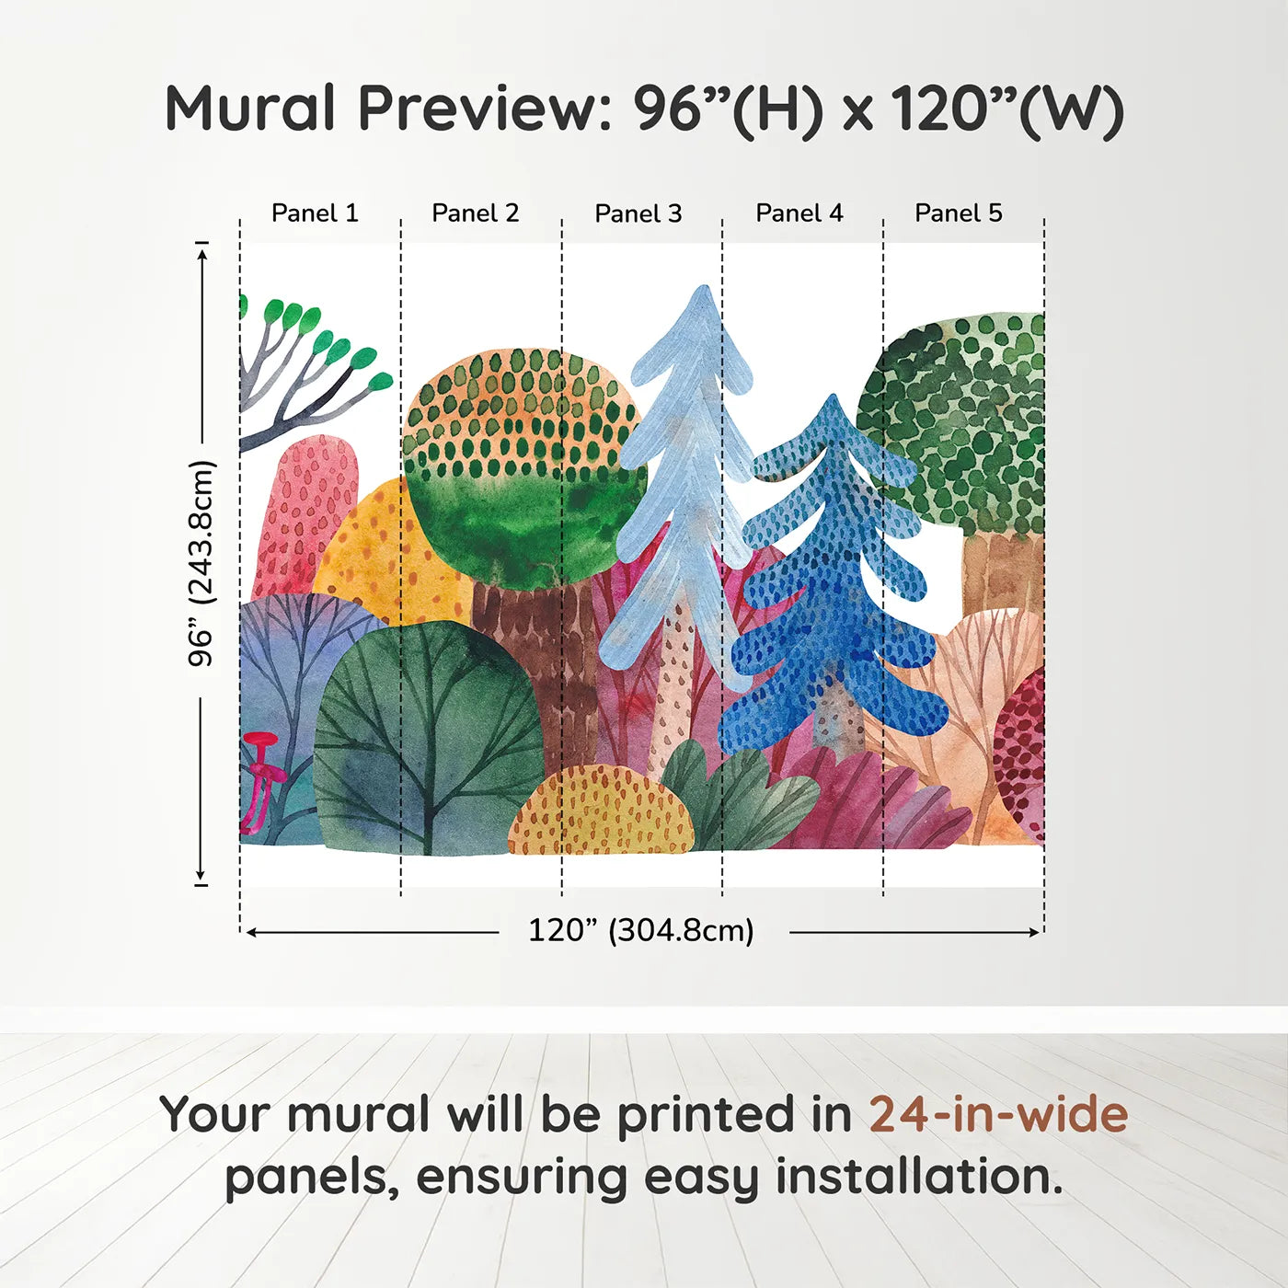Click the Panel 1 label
315,213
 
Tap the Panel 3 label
638,213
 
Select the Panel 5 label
958,213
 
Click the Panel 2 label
475,213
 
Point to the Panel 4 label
799,213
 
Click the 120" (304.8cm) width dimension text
640,930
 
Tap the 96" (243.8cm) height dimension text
201,563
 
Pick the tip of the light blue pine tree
703,293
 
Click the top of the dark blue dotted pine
833,403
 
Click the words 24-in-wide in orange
997,1114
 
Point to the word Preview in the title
478,109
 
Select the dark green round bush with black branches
428,736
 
